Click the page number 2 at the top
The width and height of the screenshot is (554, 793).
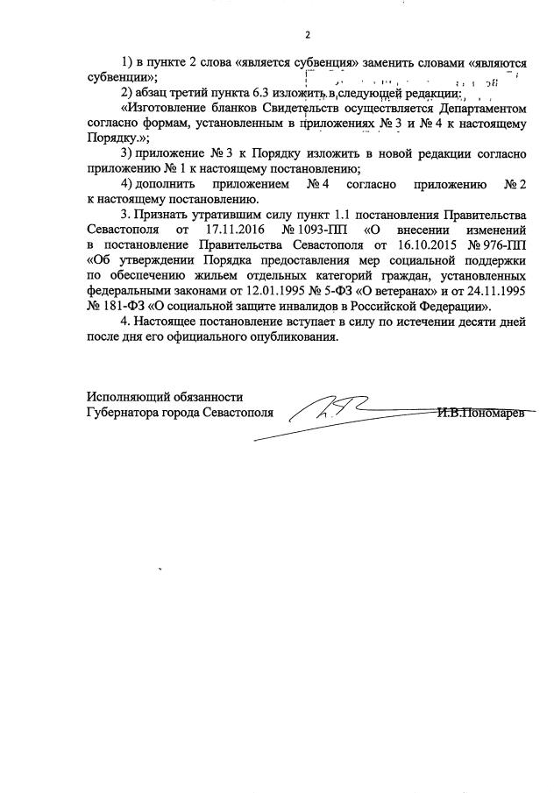pos(308,35)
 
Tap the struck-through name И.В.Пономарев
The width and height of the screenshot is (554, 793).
pos(481,410)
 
